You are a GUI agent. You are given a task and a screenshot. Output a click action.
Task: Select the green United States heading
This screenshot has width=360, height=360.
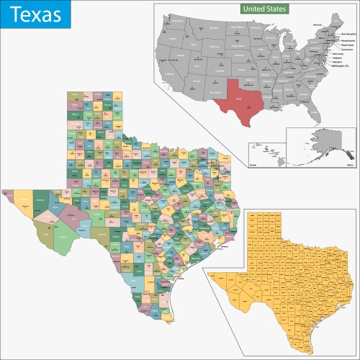click(264, 9)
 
